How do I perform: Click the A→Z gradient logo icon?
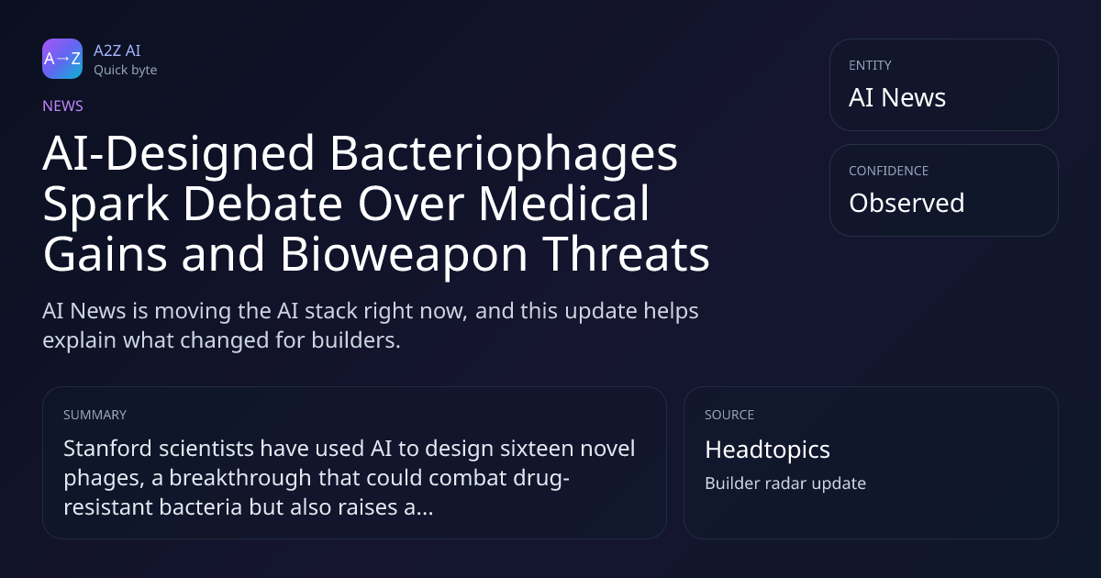point(62,59)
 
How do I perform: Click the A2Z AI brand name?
point(117,50)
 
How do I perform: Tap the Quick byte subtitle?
point(126,71)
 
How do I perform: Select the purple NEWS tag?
point(63,106)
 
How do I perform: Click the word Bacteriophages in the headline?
point(504,154)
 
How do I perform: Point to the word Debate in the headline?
point(262,204)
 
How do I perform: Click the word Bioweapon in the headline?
point(404,255)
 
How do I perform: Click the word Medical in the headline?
point(564,204)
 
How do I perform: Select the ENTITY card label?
point(870,65)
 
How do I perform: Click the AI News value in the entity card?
point(897,97)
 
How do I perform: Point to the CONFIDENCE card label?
point(889,171)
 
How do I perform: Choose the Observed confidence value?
point(906,203)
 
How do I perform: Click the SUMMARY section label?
point(95,415)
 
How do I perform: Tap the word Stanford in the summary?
point(107,449)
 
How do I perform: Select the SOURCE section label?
point(729,415)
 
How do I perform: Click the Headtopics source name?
point(767,450)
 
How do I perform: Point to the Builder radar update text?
point(785,484)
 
